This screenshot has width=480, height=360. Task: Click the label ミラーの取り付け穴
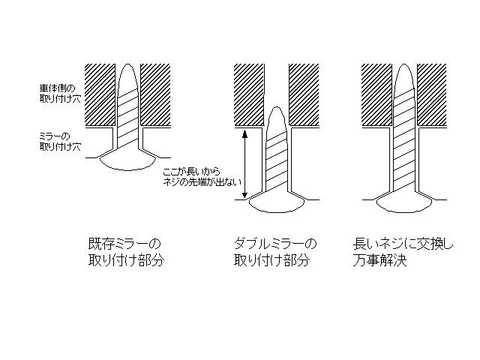pos(60,142)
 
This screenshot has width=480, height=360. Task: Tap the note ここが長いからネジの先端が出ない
pos(202,177)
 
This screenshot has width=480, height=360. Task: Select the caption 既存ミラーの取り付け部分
pos(126,252)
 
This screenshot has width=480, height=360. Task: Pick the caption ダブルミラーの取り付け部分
pos(275,252)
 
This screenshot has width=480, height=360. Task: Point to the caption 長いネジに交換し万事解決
pos(403,252)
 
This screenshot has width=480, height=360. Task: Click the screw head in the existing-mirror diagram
pos(127,162)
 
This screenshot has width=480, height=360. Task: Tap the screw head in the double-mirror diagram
pos(277,203)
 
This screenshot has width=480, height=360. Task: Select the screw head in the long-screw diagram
pos(405,203)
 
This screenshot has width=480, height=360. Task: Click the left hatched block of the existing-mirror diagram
pos(100,95)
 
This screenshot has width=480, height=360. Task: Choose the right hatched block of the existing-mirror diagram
pos(155,95)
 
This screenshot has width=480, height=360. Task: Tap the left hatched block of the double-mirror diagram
pos(249,95)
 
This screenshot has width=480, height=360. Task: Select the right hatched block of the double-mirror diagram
pos(304,95)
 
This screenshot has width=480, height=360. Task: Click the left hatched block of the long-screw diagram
pos(377,95)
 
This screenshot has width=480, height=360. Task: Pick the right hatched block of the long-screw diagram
pos(432,95)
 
